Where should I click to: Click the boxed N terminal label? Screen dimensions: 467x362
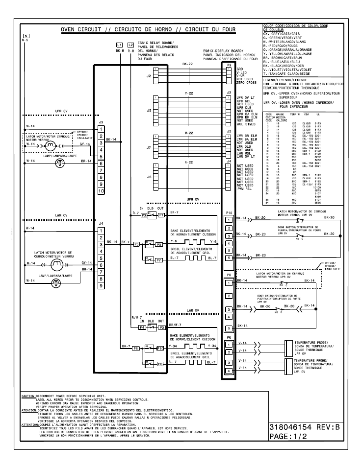coord(26,35)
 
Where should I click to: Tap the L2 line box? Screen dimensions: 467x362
coord(130,45)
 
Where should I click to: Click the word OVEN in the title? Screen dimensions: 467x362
coord(70,30)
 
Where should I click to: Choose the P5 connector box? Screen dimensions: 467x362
coord(136,243)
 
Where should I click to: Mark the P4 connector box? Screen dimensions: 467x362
coord(142,327)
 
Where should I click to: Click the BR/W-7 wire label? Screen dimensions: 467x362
coord(175,324)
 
